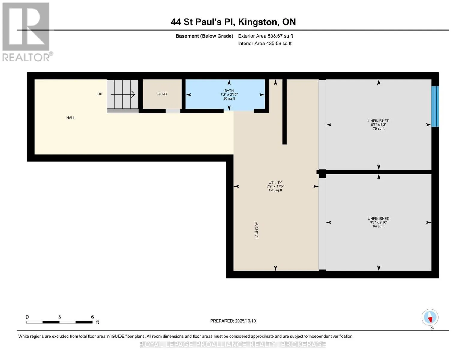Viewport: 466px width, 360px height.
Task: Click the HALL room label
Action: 71,118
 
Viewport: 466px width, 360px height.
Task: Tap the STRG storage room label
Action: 162,94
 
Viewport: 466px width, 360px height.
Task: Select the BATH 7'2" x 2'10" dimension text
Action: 229,94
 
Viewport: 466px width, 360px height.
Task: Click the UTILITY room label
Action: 275,183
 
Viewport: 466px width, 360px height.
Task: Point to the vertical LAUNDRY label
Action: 257,230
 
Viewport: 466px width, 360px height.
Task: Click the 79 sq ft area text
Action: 378,128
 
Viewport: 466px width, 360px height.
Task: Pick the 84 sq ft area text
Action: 378,226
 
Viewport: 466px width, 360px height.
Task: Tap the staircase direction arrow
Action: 123,94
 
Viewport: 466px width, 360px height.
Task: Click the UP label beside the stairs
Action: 100,94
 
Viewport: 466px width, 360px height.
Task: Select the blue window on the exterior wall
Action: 435,106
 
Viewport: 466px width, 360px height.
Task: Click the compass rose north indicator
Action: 430,317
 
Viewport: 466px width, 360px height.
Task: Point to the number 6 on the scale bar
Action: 92,317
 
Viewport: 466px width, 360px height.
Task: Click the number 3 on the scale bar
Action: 59,317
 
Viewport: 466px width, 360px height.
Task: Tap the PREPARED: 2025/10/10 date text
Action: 233,321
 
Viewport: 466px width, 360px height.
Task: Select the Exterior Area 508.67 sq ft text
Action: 265,36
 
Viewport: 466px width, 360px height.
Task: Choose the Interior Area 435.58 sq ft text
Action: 265,43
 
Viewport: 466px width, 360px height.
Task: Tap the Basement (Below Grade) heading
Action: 204,36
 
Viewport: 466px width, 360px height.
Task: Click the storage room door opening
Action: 173,111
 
